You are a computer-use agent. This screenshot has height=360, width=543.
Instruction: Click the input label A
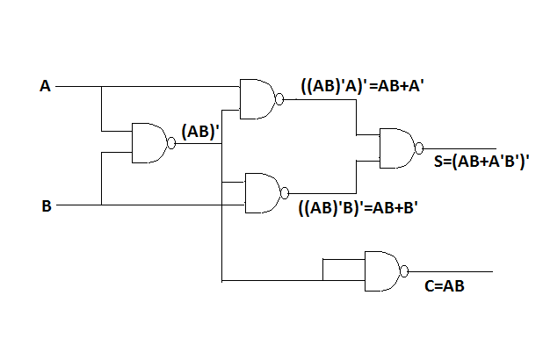click(45, 86)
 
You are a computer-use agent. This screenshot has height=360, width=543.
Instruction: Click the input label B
click(46, 206)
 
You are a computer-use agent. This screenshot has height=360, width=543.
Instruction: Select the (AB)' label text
click(199, 132)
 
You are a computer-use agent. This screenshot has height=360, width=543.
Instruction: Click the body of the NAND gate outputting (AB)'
click(148, 143)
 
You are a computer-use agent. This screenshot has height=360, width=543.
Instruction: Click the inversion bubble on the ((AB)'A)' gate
click(280, 99)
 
